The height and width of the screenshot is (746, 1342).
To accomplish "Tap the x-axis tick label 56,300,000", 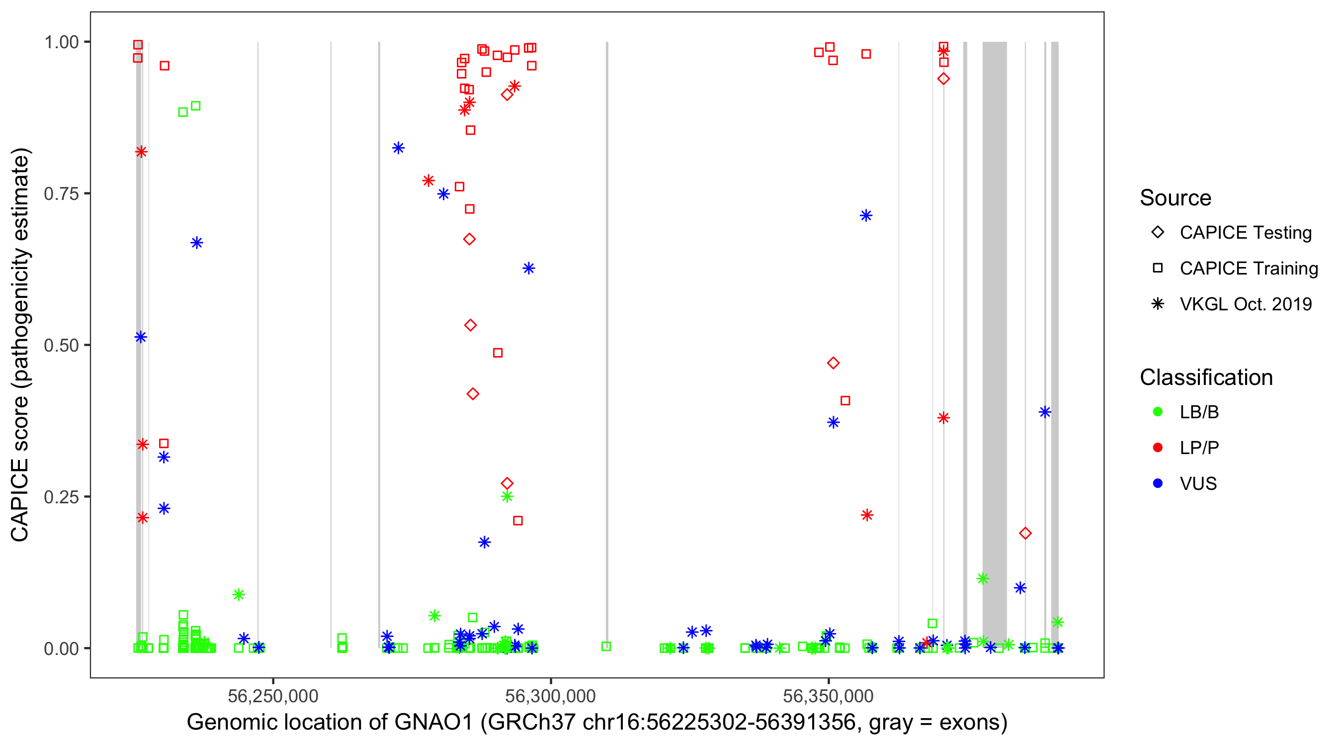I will pos(550,695).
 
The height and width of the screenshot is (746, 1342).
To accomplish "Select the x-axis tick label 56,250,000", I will pos(273,695).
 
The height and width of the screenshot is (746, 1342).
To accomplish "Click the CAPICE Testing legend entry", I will pos(1245,233).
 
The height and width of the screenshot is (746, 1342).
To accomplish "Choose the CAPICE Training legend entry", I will pos(1248,269).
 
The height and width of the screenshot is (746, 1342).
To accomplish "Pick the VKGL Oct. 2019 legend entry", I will pos(1245,304).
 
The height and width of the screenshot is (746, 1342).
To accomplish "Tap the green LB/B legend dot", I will pos(1158,412).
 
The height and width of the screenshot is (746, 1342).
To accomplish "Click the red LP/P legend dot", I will pos(1158,448).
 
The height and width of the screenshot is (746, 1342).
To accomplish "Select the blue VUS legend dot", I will pos(1158,483).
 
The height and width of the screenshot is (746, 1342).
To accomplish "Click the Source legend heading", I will pos(1175,197).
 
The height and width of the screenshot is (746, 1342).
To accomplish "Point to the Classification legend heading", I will pos(1206,377).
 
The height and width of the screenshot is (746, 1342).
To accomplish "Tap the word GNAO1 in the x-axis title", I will pos(433,722).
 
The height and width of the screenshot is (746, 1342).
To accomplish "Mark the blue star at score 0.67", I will pos(196,243).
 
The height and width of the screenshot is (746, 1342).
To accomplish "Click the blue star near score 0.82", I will pos(398,148).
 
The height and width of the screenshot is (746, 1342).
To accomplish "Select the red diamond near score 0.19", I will pos(1025,533).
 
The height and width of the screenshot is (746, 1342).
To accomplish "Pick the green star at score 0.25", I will pos(507,496).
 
